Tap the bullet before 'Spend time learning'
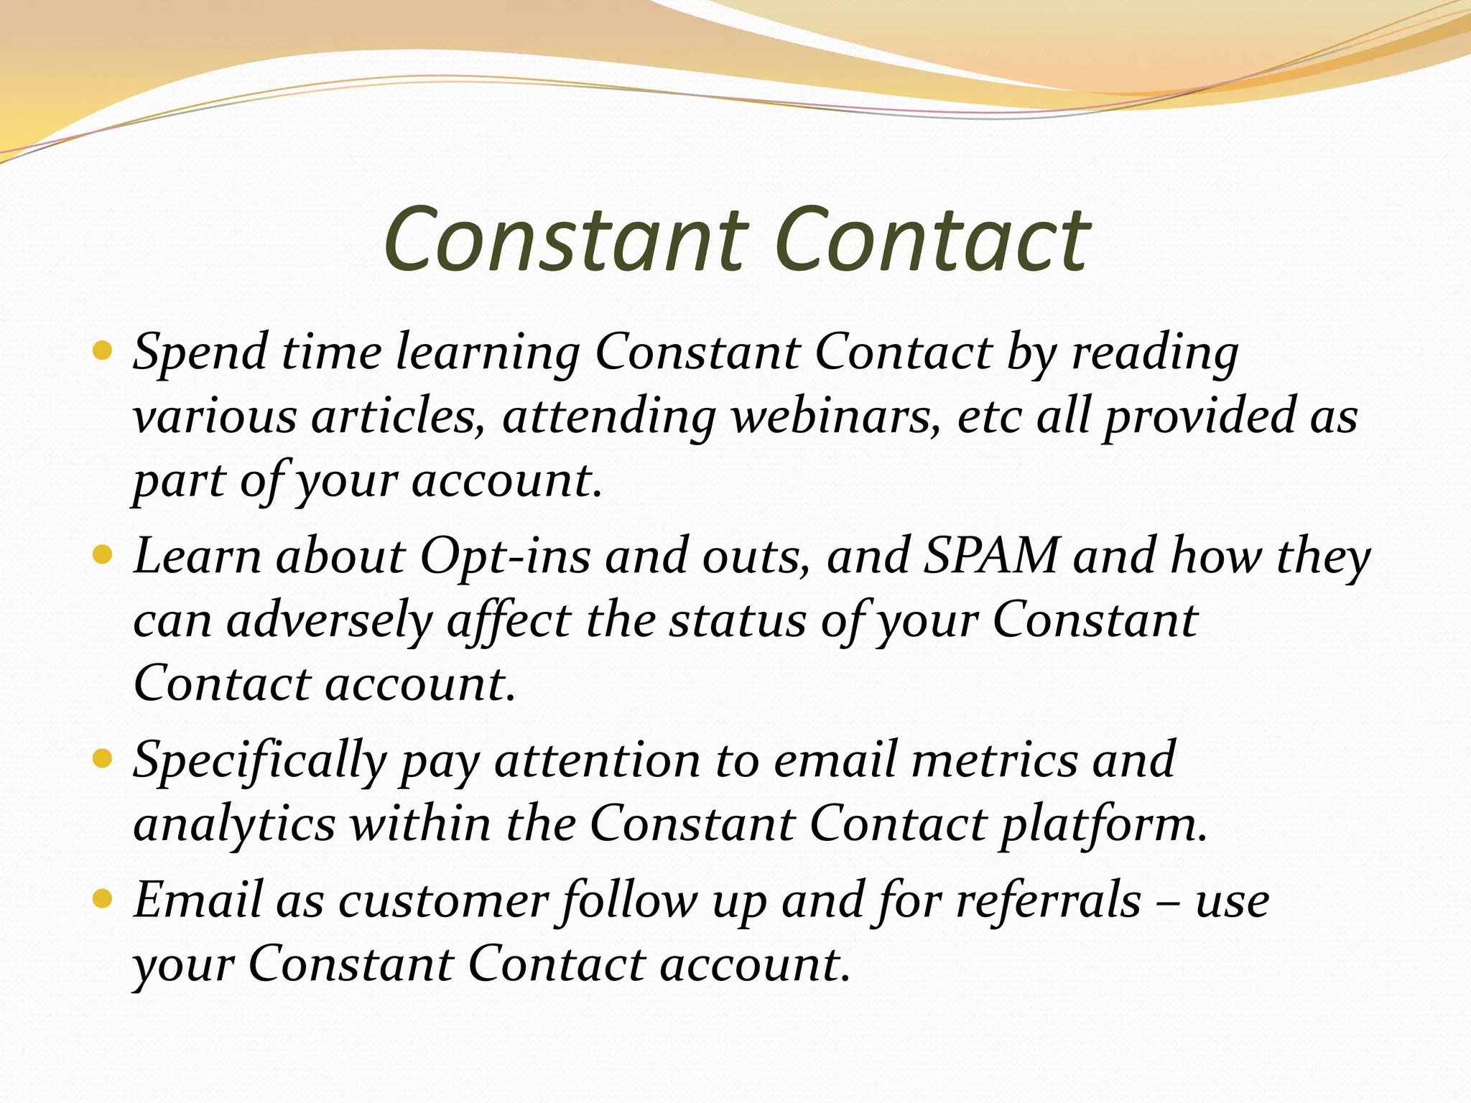[103, 352]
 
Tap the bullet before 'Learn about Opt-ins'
[103, 555]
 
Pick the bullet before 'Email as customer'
[103, 898]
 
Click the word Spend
[200, 353]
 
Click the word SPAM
[990, 557]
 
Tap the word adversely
[328, 620]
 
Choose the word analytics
[234, 824]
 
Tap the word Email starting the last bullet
[198, 900]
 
